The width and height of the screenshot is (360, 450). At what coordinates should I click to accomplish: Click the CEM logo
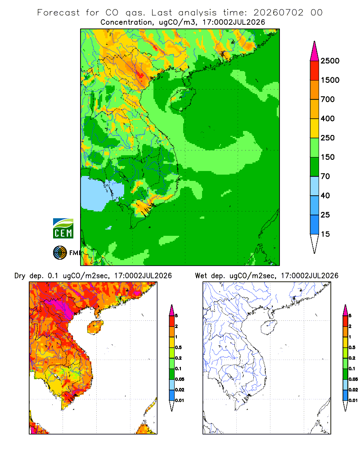63,229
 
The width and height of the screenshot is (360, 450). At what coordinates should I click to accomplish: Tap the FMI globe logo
60,253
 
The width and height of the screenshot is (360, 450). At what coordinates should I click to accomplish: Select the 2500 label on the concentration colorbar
330,61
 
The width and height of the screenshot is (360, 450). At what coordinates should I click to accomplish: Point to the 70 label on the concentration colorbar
325,176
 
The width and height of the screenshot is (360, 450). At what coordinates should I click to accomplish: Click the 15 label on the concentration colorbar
325,234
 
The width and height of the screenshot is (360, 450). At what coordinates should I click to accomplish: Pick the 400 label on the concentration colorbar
328,118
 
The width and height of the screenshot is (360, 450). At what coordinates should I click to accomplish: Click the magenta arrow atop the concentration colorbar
315,51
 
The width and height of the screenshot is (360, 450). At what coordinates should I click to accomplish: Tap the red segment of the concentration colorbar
315,71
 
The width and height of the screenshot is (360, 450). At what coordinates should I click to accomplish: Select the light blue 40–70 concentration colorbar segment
315,186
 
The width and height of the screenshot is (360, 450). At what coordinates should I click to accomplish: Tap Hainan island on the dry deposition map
95,327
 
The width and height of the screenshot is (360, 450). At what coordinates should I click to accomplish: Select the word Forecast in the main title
58,13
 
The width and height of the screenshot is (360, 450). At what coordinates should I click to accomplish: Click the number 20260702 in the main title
278,13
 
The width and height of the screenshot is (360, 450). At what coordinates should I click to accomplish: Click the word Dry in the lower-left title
20,276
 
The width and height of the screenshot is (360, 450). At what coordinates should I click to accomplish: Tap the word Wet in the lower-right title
201,276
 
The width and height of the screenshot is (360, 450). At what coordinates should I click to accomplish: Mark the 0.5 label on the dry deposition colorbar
178,347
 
